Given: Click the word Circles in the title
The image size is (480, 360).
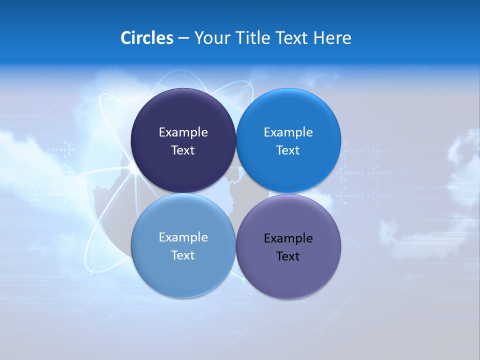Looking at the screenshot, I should click(146, 38).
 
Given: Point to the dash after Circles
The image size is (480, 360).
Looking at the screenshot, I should click(183, 38).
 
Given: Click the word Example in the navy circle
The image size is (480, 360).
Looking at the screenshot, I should click(183, 132).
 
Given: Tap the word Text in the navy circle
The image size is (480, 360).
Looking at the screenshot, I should click(183, 150).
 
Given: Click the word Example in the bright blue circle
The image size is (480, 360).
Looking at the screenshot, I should click(288, 132).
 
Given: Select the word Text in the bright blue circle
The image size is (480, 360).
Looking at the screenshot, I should click(288, 150).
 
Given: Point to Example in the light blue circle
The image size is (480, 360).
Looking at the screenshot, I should click(183, 237).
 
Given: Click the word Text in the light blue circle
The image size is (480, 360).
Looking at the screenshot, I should click(183, 255).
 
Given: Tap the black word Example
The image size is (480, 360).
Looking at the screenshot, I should click(288, 238).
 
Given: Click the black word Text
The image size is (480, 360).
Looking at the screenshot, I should click(288, 256).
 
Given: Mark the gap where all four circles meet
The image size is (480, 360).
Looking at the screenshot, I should click(236, 193).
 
